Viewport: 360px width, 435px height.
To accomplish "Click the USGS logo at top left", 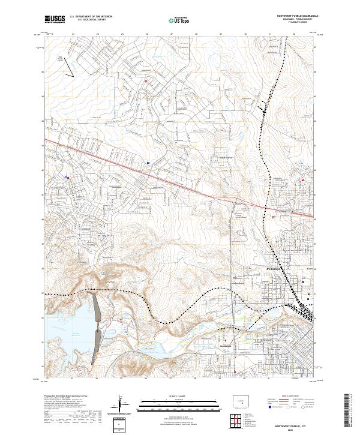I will coord(55,19).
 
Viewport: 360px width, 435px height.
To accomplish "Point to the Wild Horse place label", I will coord(217,158).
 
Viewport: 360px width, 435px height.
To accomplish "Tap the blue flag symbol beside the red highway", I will coord(147,161).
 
